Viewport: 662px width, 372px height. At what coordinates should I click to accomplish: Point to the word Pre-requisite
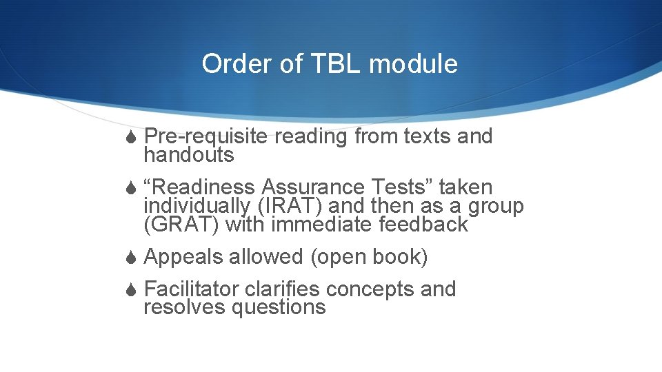[x=206, y=136]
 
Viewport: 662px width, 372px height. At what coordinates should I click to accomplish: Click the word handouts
[x=188, y=155]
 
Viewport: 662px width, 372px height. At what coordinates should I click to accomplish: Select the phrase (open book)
[x=369, y=257]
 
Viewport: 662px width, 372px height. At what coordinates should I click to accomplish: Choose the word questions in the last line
[x=279, y=307]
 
